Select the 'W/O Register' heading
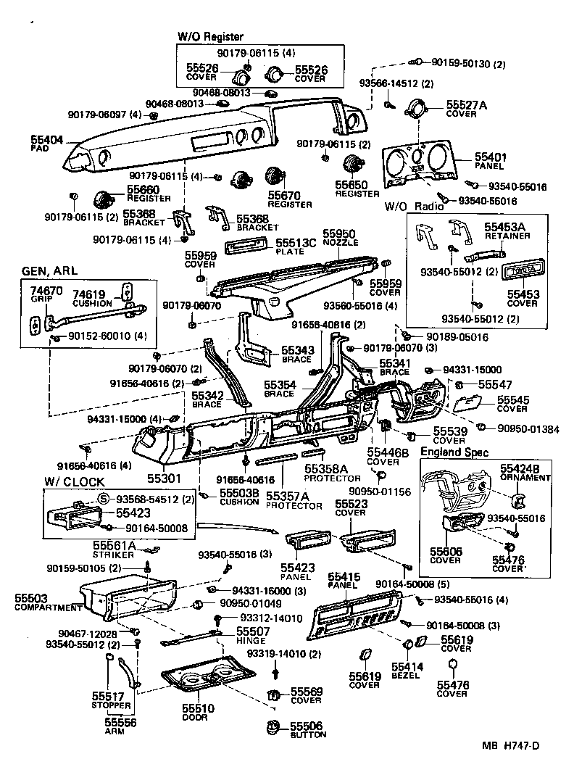210,36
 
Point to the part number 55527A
466,105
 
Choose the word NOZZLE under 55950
339,242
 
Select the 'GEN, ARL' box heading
51,271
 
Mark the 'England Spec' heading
454,452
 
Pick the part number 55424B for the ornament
523,469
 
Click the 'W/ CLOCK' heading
74,481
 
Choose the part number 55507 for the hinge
252,631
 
